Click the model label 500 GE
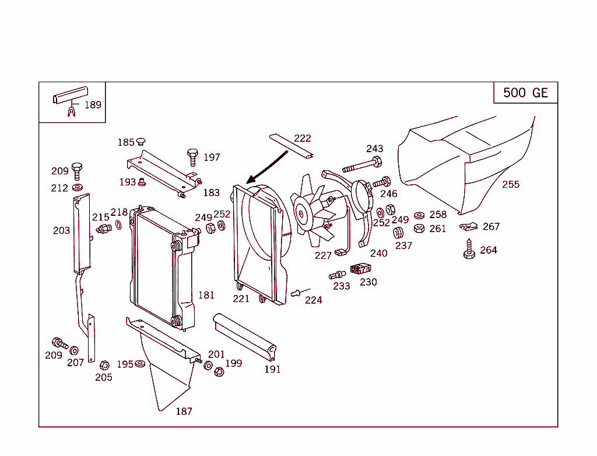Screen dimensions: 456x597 (525, 93)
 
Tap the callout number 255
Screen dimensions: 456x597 (511, 184)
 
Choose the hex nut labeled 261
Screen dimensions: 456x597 (419, 229)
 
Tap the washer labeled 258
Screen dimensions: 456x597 (419, 215)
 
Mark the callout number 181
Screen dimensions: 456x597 (206, 295)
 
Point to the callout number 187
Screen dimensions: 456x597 (184, 411)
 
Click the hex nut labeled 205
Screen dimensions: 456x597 (104, 366)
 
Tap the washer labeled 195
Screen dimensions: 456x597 (141, 364)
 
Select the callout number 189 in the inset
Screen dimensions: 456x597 (93, 105)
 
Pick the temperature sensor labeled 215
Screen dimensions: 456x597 (104, 227)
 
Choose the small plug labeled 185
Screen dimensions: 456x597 (141, 142)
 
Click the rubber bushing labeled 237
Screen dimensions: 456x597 (399, 233)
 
